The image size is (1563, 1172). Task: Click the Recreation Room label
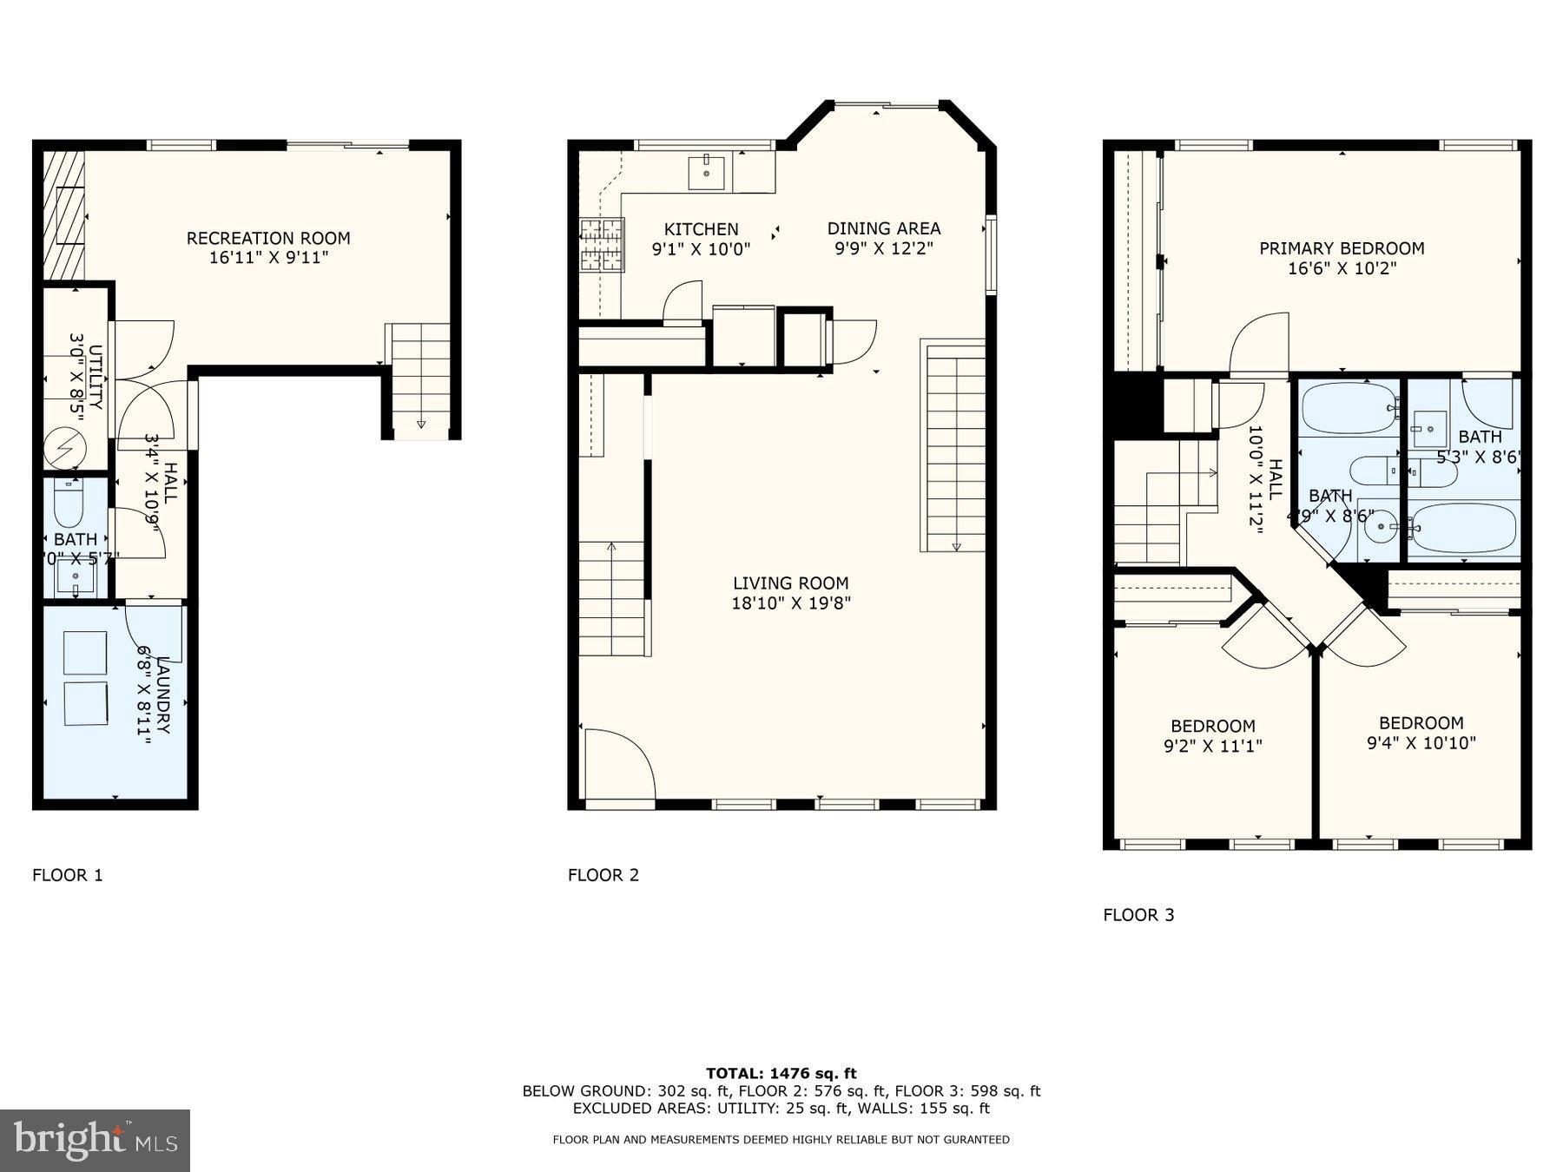(268, 238)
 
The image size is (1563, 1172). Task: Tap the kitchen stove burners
(602, 244)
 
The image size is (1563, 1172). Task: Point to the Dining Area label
(883, 228)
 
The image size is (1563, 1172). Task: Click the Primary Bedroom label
(1342, 248)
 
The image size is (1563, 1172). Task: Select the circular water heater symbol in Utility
(66, 448)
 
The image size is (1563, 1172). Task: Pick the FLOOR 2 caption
(603, 875)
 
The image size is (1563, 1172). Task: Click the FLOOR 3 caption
(1138, 915)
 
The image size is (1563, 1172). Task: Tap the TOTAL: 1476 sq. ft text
(781, 1074)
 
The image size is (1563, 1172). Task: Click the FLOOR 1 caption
(68, 875)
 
